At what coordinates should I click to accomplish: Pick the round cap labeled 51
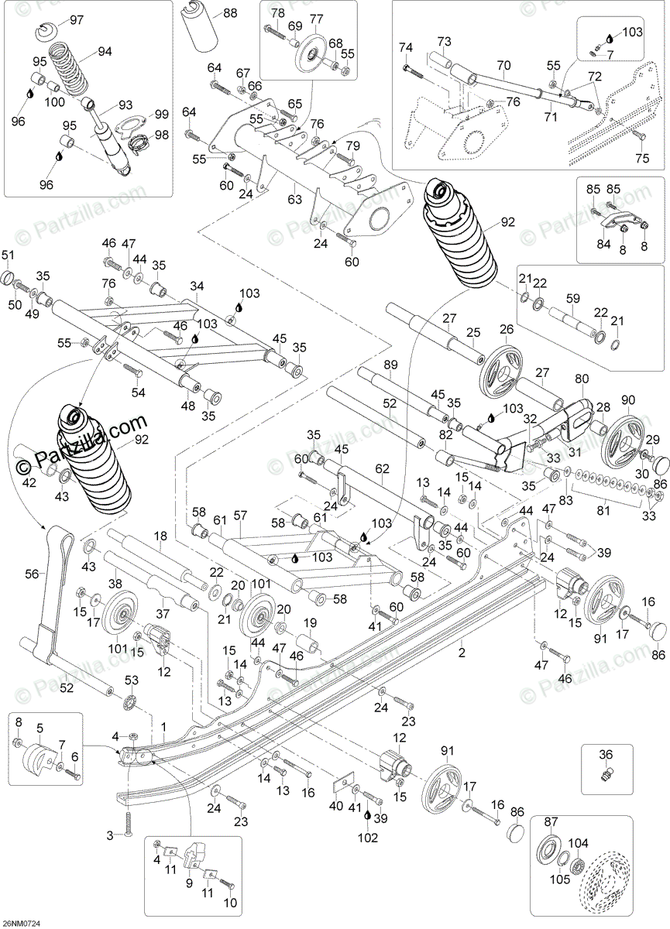(x=7, y=277)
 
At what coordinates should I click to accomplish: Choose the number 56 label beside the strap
(x=32, y=573)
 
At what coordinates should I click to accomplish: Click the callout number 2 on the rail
(x=462, y=643)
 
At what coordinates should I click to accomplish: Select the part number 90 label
(x=627, y=399)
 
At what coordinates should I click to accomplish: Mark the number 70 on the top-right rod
(x=503, y=66)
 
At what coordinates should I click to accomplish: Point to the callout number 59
(x=572, y=297)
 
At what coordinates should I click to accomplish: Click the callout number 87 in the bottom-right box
(x=551, y=822)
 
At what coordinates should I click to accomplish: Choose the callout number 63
(x=294, y=200)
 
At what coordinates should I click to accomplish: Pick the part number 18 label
(x=160, y=536)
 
